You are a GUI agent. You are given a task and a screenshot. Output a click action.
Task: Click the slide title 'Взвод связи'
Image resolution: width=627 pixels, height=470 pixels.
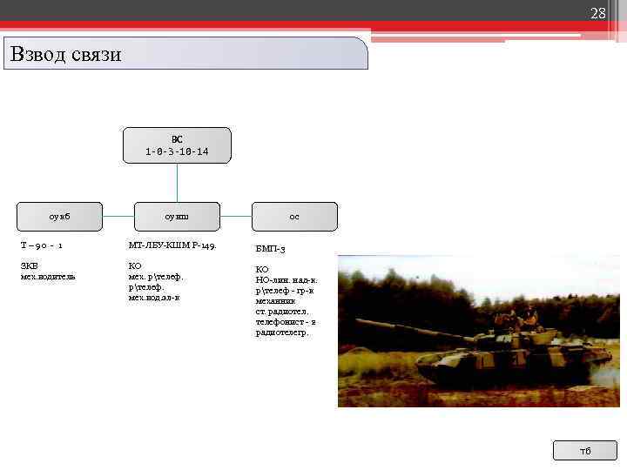(66, 54)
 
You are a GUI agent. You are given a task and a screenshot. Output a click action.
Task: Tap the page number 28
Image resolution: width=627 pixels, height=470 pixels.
(597, 13)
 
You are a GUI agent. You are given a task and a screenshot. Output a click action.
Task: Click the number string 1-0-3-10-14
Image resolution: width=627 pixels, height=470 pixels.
(177, 151)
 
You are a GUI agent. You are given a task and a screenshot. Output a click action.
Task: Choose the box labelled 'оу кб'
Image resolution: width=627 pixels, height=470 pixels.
(60, 216)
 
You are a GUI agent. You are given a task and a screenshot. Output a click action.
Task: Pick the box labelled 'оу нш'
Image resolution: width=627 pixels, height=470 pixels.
(177, 216)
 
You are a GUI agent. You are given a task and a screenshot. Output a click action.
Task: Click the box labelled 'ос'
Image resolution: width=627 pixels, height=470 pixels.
(294, 216)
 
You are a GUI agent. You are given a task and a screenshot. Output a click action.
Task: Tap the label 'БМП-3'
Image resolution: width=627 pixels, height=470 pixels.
(270, 249)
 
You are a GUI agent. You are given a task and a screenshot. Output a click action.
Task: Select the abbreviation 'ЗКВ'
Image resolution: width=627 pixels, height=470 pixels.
(29, 265)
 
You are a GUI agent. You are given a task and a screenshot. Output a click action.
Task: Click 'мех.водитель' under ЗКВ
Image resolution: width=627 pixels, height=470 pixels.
(48, 276)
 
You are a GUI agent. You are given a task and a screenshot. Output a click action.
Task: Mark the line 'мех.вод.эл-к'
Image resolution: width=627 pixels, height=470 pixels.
(154, 297)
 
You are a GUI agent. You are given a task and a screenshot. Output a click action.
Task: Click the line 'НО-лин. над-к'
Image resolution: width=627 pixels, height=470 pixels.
(286, 279)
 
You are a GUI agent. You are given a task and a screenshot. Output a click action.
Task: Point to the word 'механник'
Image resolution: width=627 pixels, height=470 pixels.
(275, 300)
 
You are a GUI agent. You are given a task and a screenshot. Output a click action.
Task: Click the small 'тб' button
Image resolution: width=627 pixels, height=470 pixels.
(584, 450)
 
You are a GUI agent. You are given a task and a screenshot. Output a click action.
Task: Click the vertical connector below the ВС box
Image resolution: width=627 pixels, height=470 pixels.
(177, 183)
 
